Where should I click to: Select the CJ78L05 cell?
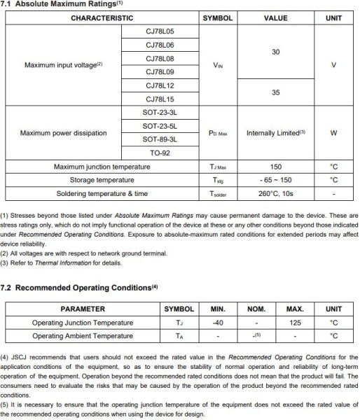pyautogui.click(x=160, y=32)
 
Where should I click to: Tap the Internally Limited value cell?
pyautogui.click(x=276, y=132)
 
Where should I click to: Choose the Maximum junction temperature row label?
pyautogui.click(x=102, y=167)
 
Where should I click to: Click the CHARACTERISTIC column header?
pyautogui.click(x=102, y=17)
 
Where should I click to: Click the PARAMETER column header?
pyautogui.click(x=83, y=309)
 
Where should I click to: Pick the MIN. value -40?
pyautogui.click(x=218, y=323)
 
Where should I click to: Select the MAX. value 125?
pyautogui.click(x=295, y=323)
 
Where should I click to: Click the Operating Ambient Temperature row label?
pyautogui.click(x=83, y=336)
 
